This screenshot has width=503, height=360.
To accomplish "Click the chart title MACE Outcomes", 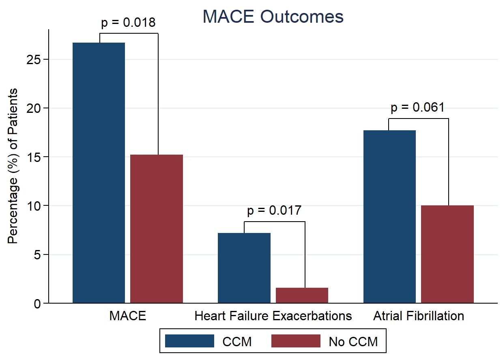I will [x=273, y=17].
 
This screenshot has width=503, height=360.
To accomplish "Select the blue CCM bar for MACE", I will [x=99, y=172].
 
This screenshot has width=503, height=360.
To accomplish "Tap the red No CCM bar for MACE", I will [x=157, y=229].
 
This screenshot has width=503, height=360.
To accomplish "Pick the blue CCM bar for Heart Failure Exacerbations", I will [x=244, y=268].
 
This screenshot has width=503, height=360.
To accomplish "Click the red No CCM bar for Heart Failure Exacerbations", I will [x=302, y=295].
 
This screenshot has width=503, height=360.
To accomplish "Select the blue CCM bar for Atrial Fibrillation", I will [x=389, y=216].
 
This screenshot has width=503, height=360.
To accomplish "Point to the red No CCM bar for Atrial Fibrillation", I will [x=447, y=254].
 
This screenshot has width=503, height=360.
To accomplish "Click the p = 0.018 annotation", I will [x=128, y=23].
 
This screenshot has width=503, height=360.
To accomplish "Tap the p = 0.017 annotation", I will [x=274, y=211].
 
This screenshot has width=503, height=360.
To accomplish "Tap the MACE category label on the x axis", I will [x=127, y=316].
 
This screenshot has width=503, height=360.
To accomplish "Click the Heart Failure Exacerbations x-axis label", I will [x=273, y=316].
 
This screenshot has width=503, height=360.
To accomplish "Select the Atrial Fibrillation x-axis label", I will [x=419, y=316].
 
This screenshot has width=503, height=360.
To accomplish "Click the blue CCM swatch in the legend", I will [x=189, y=341].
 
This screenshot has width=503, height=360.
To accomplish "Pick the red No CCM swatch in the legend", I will [x=295, y=341].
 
